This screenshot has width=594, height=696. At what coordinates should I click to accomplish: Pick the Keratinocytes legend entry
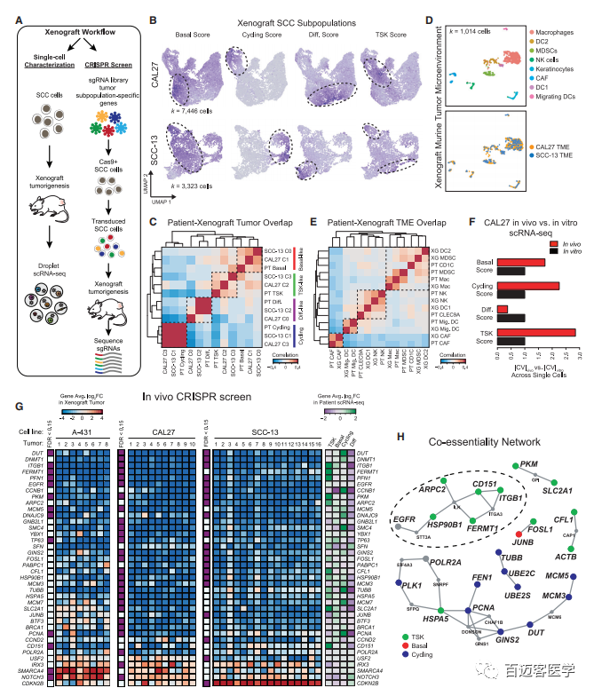point(562,59)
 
